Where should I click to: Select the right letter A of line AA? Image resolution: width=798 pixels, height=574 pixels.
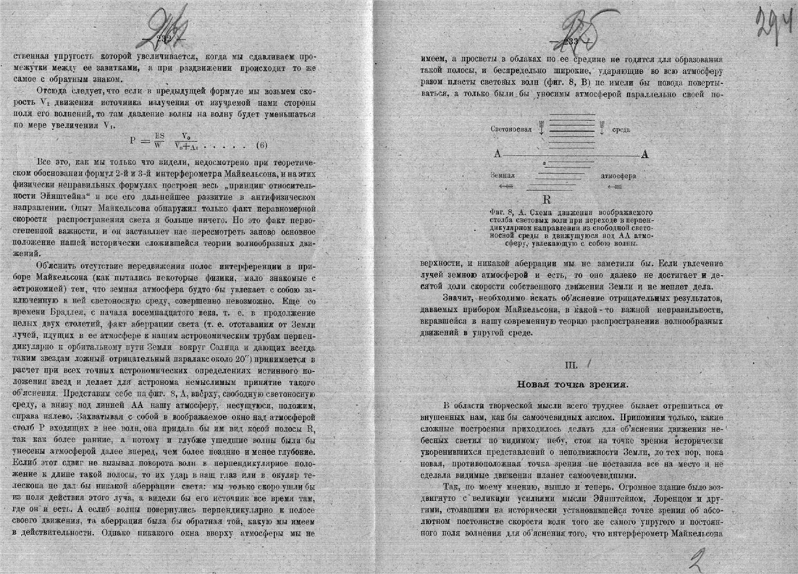pyautogui.click(x=644, y=153)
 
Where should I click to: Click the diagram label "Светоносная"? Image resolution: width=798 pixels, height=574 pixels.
pyautogui.click(x=511, y=129)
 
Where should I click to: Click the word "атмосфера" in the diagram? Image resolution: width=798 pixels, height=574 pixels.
pyautogui.click(x=617, y=175)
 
